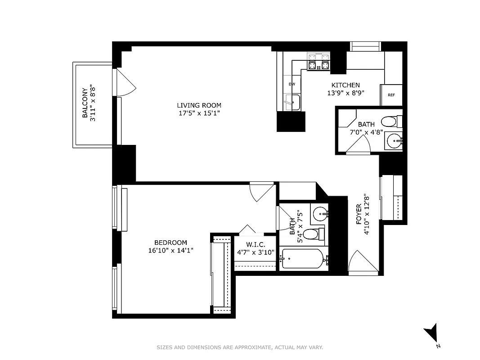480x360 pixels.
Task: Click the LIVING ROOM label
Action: tap(199, 105)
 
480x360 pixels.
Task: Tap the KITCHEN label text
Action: tap(345, 85)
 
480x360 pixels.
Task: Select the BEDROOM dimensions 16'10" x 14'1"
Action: tap(170, 251)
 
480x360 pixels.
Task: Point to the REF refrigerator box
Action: tap(391, 95)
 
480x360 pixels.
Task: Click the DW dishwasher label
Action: tap(292, 84)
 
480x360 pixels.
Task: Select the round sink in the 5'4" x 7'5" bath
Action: tap(320, 213)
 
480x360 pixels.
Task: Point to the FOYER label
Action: tap(359, 214)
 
